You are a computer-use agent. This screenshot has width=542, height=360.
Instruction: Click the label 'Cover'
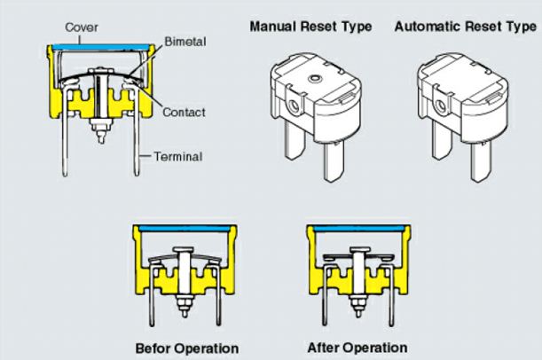tap(82, 27)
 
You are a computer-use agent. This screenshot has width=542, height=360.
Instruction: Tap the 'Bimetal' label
tap(185, 42)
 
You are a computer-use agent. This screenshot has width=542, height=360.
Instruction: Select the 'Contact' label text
tap(184, 113)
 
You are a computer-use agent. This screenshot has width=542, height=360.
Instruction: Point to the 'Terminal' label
tap(178, 157)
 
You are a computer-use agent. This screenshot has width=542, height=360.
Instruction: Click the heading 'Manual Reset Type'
tap(310, 27)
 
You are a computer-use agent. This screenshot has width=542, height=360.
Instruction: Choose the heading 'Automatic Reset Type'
tap(465, 27)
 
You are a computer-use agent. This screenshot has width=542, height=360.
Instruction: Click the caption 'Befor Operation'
tap(186, 348)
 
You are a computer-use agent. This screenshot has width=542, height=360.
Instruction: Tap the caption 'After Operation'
tap(357, 348)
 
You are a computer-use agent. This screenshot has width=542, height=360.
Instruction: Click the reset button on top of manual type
tap(315, 78)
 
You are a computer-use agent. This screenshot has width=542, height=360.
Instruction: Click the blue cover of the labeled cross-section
tap(101, 47)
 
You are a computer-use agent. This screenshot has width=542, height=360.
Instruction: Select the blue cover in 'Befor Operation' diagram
tap(185, 229)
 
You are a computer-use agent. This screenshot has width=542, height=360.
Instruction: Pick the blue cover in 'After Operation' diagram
tap(358, 229)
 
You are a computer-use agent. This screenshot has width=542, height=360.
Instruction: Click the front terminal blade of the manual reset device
tap(334, 161)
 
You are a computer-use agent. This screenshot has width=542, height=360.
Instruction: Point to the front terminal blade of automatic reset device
tap(481, 161)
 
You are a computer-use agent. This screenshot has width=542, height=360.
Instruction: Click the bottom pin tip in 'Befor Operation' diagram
tap(185, 316)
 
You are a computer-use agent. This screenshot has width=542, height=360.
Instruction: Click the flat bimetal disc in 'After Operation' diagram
tap(358, 256)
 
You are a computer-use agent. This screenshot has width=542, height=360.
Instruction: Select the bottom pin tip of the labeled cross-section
tap(101, 140)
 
